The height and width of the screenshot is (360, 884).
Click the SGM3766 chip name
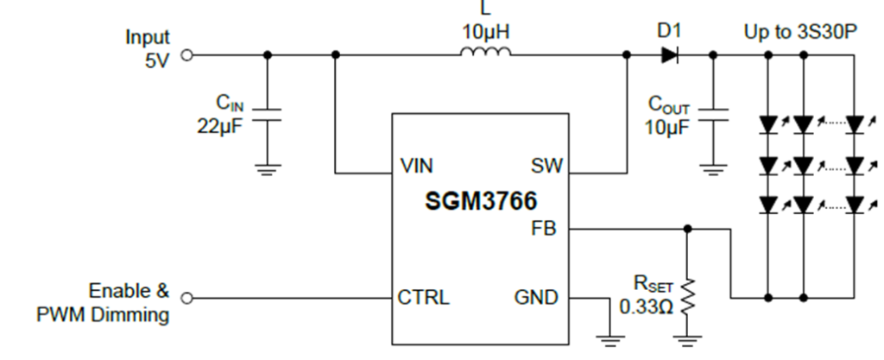(480, 202)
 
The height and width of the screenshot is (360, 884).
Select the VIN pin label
(417, 167)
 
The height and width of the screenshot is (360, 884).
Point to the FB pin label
(546, 230)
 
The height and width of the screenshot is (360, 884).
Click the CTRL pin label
(423, 299)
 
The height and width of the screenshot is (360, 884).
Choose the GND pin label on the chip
(536, 299)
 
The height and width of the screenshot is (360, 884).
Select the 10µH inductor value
(486, 32)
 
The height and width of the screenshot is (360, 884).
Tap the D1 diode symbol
(670, 54)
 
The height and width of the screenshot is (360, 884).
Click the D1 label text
(669, 31)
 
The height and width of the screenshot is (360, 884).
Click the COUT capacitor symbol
(713, 115)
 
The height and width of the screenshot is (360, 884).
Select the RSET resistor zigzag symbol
(688, 296)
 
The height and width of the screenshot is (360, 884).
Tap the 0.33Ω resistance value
(647, 306)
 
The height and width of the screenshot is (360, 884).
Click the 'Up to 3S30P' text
(800, 32)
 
